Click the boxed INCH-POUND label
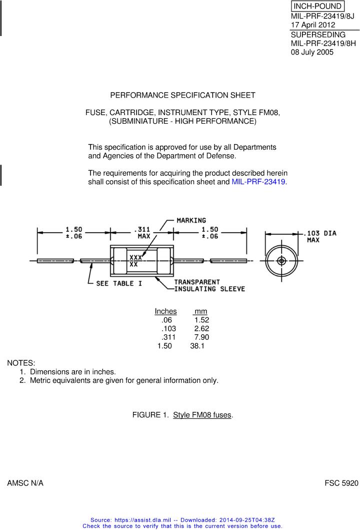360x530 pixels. [317, 7]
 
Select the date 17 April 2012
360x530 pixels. [313, 25]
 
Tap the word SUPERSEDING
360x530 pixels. [318, 35]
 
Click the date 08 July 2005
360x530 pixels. [312, 52]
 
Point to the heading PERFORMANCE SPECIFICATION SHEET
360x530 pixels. [182, 95]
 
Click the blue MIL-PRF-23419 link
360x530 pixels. [258, 182]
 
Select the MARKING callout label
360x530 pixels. [191, 221]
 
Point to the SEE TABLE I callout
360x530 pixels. [119, 284]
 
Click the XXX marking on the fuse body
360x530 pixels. [135, 258]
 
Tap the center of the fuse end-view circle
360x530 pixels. [281, 261]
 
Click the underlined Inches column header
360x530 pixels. [165, 311]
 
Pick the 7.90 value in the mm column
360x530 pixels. [201, 337]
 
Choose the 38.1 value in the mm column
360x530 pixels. [197, 346]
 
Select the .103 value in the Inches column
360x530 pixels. [168, 329]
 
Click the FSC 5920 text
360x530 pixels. [341, 483]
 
